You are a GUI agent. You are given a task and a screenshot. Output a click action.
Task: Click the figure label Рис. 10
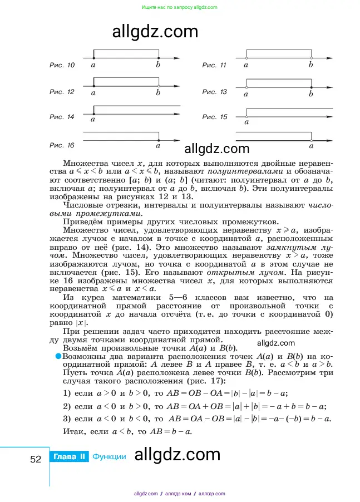[62, 66]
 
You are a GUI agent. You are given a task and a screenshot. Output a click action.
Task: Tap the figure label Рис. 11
[214, 66]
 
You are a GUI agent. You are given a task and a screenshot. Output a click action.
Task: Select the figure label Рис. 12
[62, 92]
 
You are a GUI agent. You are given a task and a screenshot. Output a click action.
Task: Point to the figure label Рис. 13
[214, 92]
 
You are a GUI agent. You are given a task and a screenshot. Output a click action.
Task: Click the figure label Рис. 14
[62, 117]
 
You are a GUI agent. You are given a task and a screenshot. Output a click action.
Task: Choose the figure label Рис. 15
[214, 117]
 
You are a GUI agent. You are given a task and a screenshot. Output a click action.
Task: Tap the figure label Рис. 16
[62, 145]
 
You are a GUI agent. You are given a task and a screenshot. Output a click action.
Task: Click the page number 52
[36, 459]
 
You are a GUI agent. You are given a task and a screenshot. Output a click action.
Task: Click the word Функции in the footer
[109, 457]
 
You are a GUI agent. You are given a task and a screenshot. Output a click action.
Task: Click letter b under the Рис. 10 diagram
[159, 65]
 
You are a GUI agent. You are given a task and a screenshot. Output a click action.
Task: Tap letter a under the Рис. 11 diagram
[246, 65]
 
